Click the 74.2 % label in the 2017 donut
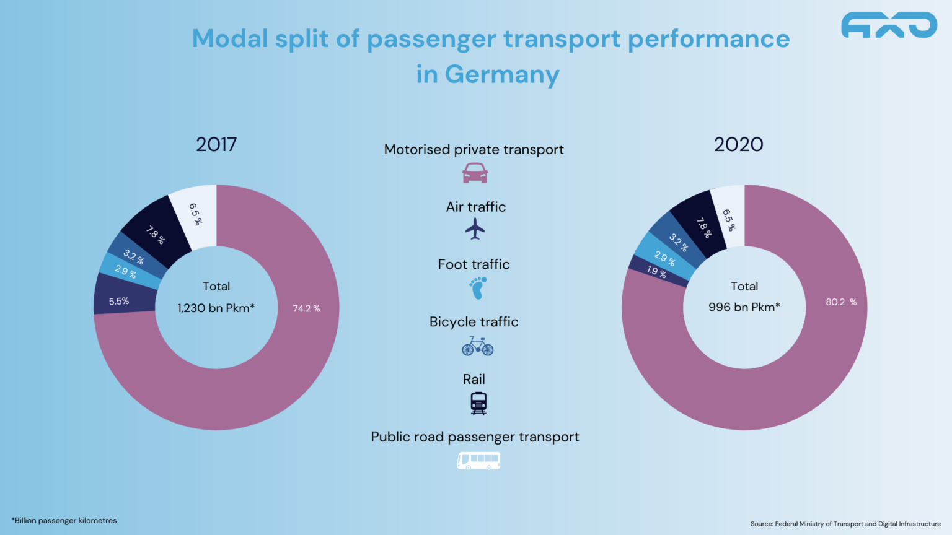coord(306,308)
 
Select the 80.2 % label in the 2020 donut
coord(840,302)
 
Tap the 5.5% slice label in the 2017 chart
coord(118,302)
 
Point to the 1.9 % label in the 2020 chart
coord(656,271)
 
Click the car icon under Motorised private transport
coord(475,173)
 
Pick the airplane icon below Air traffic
coord(475,229)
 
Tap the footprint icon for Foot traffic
coord(478,288)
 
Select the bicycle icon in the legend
coord(477,346)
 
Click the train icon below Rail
coord(478,403)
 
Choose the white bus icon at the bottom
coord(478,461)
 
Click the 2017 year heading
coord(216,144)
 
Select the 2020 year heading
coord(738,144)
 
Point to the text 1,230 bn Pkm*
coord(216,308)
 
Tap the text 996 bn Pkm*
coord(744,307)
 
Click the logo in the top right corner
coord(889,25)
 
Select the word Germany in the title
coord(501,74)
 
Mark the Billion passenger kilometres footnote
coord(64,521)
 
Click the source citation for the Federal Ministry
coord(845,524)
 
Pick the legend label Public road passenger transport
coord(475,437)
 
